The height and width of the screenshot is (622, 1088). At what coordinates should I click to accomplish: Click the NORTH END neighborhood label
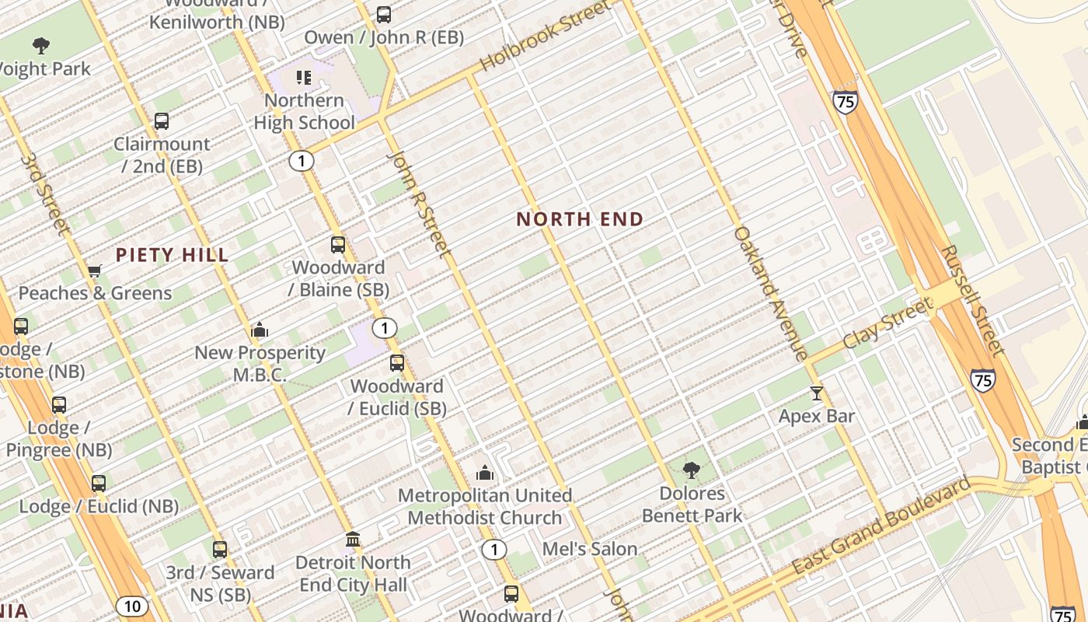click(580, 219)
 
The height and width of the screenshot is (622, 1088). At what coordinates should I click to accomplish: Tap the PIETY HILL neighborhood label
click(173, 255)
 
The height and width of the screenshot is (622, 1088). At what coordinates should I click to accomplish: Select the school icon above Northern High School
click(304, 78)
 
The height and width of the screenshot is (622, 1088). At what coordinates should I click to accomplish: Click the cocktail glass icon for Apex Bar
click(816, 393)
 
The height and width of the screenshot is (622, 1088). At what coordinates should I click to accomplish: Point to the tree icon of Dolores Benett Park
click(691, 470)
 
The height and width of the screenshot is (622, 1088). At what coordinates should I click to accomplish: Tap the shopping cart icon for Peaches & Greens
click(95, 271)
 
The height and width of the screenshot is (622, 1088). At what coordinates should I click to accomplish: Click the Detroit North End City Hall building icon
click(353, 539)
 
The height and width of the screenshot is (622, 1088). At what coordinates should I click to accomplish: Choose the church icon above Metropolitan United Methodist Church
click(485, 473)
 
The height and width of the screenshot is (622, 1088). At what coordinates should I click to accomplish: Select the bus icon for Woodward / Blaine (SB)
click(338, 245)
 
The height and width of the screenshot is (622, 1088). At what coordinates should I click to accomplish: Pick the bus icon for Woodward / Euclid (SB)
click(397, 363)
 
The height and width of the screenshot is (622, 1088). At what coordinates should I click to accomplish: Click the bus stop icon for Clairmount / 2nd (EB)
click(162, 121)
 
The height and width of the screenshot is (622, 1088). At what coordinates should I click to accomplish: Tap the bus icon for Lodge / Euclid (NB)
click(99, 484)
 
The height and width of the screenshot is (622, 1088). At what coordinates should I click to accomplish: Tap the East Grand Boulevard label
click(881, 526)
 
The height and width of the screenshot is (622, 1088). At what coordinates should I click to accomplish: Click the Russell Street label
click(972, 300)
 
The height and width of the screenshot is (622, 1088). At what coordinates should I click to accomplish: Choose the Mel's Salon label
click(590, 549)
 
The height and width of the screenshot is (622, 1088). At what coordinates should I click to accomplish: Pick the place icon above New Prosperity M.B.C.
click(260, 330)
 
